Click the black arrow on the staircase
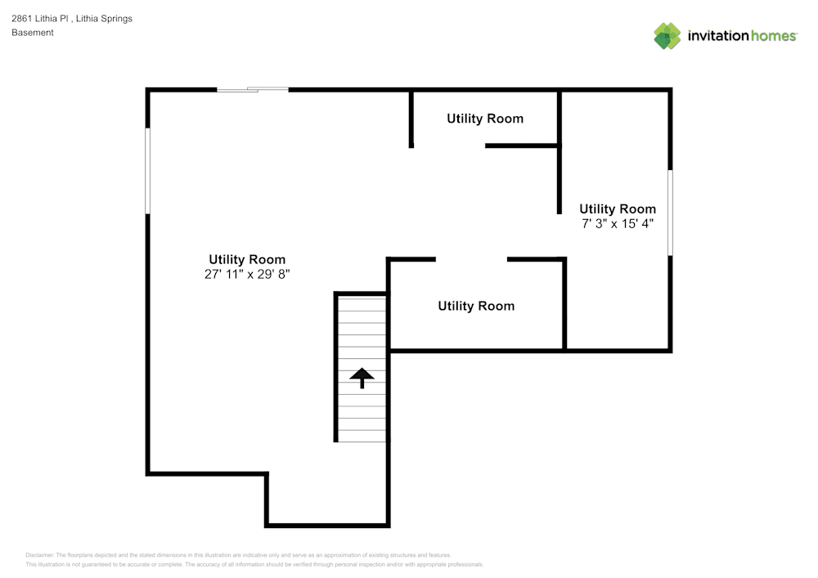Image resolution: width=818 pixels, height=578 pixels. click(x=362, y=378)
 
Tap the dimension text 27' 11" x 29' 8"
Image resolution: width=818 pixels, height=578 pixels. click(x=247, y=275)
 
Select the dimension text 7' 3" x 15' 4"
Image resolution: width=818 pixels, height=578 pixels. click(x=618, y=223)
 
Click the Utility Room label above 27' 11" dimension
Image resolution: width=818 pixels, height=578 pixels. click(x=247, y=259)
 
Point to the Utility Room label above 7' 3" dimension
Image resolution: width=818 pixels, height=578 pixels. click(x=618, y=208)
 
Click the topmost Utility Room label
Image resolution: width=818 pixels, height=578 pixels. click(x=484, y=119)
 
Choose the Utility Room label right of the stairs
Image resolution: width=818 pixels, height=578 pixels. click(x=476, y=306)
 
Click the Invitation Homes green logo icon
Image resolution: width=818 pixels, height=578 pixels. click(x=667, y=35)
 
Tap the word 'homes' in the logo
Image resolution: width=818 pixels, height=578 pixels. click(x=773, y=36)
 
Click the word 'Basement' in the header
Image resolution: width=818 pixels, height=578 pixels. click(x=33, y=33)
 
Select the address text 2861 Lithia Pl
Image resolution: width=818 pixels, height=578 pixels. click(x=44, y=18)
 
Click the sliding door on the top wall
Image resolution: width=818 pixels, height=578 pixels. click(x=253, y=89)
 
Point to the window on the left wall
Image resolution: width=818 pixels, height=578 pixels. click(x=148, y=171)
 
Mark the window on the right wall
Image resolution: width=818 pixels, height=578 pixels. click(x=671, y=213)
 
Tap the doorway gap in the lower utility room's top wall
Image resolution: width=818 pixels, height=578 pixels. click(x=471, y=260)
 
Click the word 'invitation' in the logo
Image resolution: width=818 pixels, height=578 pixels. click(x=717, y=36)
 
